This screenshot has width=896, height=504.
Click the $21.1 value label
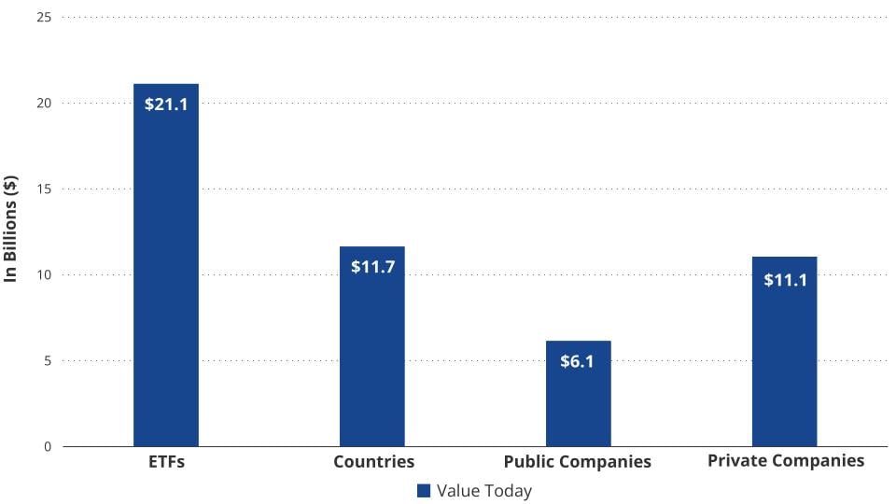pyautogui.click(x=166, y=104)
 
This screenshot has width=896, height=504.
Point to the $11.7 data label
pyautogui.click(x=371, y=266)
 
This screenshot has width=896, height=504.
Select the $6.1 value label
pyautogui.click(x=578, y=361)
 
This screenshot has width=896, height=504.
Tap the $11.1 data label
pyautogui.click(x=784, y=279)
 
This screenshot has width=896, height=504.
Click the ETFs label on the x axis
pyautogui.click(x=166, y=461)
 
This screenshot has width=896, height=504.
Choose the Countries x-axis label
pyautogui.click(x=373, y=461)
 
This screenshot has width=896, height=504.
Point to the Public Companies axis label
pyautogui.click(x=577, y=461)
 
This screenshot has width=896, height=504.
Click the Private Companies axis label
pyautogui.click(x=786, y=460)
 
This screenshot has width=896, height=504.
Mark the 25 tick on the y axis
pyautogui.click(x=43, y=18)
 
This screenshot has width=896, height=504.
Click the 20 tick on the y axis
pyautogui.click(x=43, y=104)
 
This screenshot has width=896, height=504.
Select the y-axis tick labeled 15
pyautogui.click(x=43, y=189)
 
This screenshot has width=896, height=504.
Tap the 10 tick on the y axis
pyautogui.click(x=43, y=275)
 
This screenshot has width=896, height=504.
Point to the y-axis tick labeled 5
pyautogui.click(x=47, y=361)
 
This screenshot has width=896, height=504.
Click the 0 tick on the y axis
pyautogui.click(x=47, y=447)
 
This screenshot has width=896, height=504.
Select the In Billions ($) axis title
pyautogui.click(x=12, y=228)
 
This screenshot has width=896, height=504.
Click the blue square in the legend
pyautogui.click(x=424, y=491)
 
